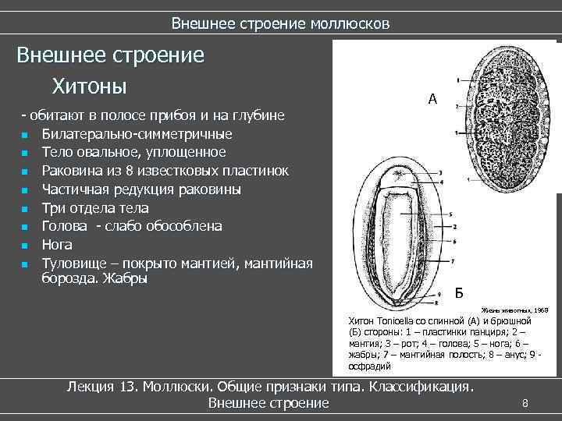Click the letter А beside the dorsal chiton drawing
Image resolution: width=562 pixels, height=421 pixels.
tap(433, 99)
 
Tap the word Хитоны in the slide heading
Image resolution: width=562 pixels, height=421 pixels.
tap(89, 83)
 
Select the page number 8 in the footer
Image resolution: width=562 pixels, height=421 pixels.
tap(525, 403)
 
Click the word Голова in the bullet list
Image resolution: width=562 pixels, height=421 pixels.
tap(66, 226)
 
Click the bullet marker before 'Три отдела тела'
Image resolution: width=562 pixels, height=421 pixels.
tap(25, 209)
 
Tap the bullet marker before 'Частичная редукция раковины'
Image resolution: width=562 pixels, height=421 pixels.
tap(25, 190)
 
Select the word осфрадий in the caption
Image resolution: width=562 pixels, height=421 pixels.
tap(368, 365)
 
